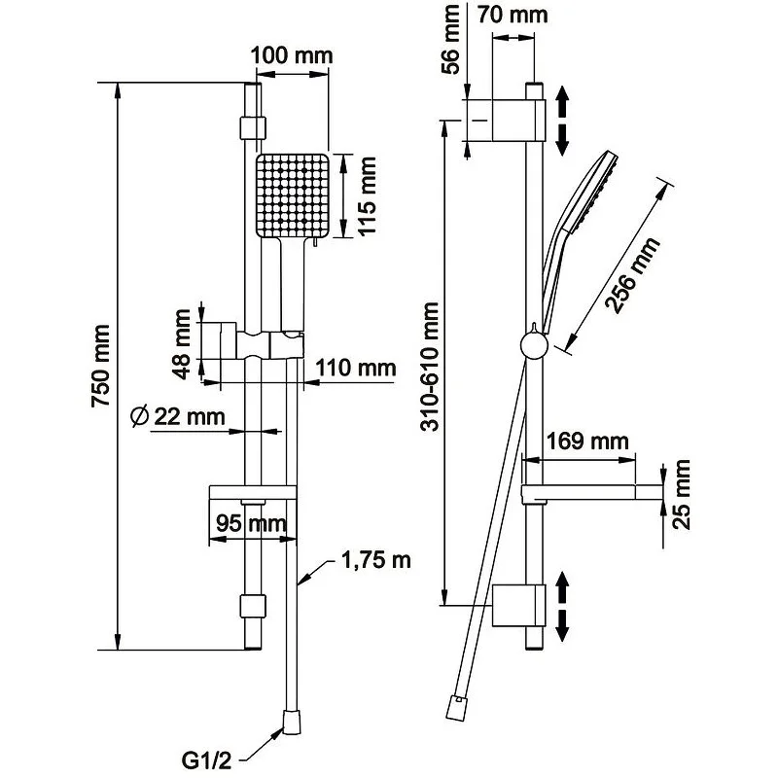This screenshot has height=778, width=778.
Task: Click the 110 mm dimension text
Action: point(356,368)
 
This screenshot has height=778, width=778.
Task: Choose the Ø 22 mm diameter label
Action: point(177,417)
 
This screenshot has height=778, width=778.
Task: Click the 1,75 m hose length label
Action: point(375,561)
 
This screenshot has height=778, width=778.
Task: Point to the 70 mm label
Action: point(514,15)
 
